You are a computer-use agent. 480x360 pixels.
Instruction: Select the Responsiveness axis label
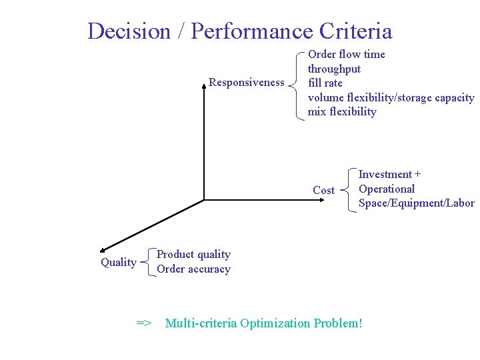pyautogui.click(x=246, y=82)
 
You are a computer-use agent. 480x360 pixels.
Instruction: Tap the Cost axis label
pyautogui.click(x=323, y=190)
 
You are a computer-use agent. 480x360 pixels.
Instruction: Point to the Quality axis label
pyautogui.click(x=118, y=262)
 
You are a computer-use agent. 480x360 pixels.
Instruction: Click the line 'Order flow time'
pyautogui.click(x=346, y=54)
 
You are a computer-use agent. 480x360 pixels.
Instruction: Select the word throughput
pyautogui.click(x=334, y=69)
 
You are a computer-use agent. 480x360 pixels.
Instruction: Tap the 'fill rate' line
pyautogui.click(x=325, y=83)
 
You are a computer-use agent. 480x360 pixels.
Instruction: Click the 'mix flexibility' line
pyautogui.click(x=341, y=111)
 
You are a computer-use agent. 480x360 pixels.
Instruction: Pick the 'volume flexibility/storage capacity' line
pyautogui.click(x=391, y=97)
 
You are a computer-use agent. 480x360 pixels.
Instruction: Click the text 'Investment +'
pyautogui.click(x=389, y=175)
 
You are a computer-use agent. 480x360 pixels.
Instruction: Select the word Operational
pyautogui.click(x=387, y=189)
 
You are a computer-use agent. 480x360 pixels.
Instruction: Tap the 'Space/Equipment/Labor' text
pyautogui.click(x=416, y=203)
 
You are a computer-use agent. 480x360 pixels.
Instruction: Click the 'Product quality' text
pyautogui.click(x=193, y=254)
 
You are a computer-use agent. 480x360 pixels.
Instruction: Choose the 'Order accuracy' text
pyautogui.click(x=193, y=269)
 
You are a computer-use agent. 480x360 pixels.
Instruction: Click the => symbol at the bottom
pyautogui.click(x=144, y=323)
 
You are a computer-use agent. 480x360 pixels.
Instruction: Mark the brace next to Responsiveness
pyautogui.click(x=297, y=83)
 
